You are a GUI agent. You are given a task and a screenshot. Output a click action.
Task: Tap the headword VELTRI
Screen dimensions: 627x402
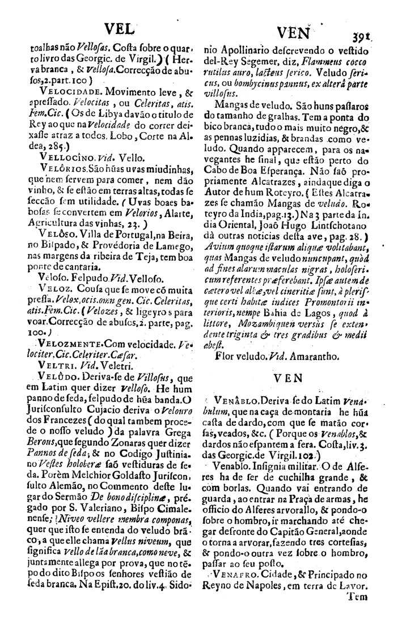57,366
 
